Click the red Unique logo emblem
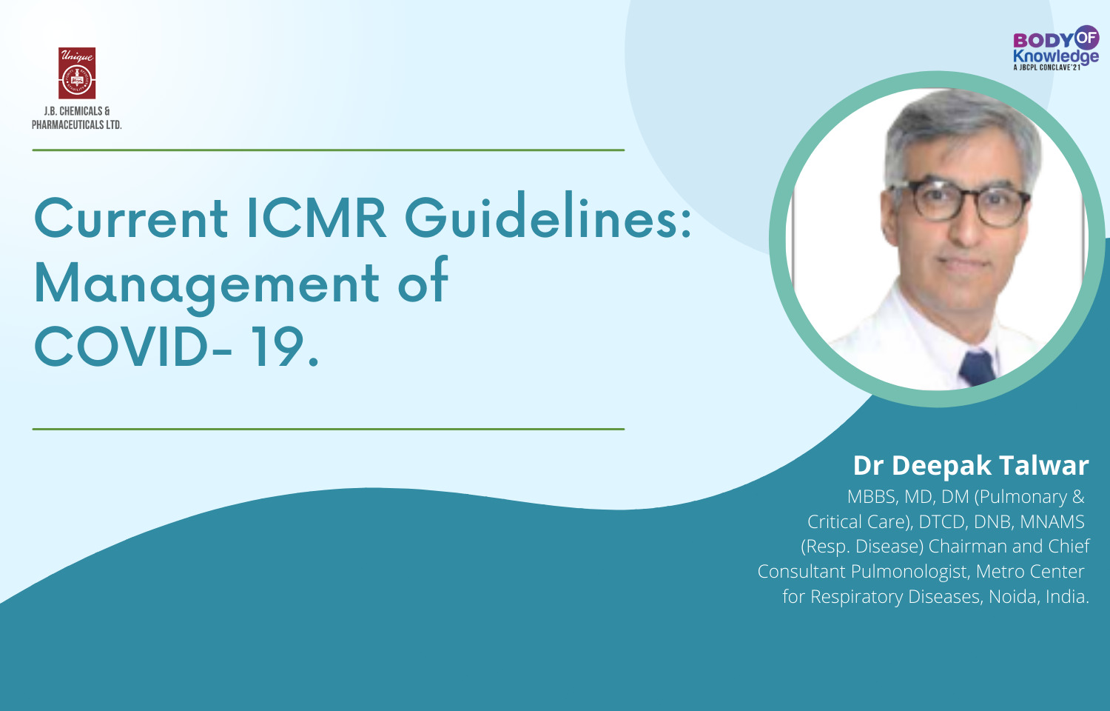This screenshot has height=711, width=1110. point(77,73)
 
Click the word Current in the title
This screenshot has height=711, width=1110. point(131,218)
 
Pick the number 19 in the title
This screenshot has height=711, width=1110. point(277,347)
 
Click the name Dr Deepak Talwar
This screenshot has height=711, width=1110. point(970,465)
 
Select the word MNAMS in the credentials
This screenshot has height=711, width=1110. point(1052,522)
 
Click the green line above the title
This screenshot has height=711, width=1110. point(328,150)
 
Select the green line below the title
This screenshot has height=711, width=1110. point(328,429)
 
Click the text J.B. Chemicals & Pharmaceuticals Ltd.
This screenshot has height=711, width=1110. point(77,118)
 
